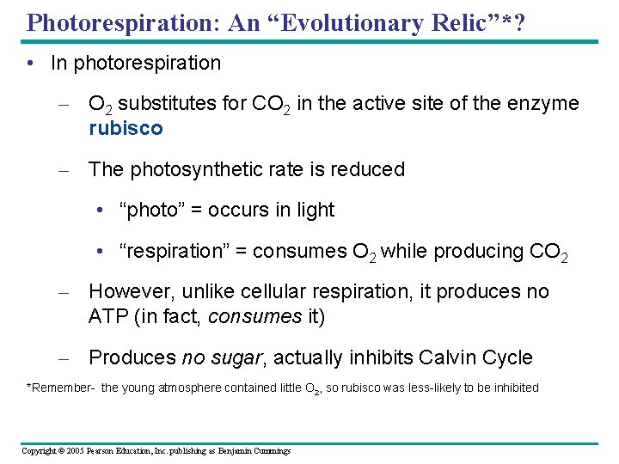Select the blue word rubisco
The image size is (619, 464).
(126, 128)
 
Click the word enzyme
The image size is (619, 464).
(542, 104)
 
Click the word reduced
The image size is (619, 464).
(370, 169)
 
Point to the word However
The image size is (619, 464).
(128, 292)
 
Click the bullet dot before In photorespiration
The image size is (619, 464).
(31, 63)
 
